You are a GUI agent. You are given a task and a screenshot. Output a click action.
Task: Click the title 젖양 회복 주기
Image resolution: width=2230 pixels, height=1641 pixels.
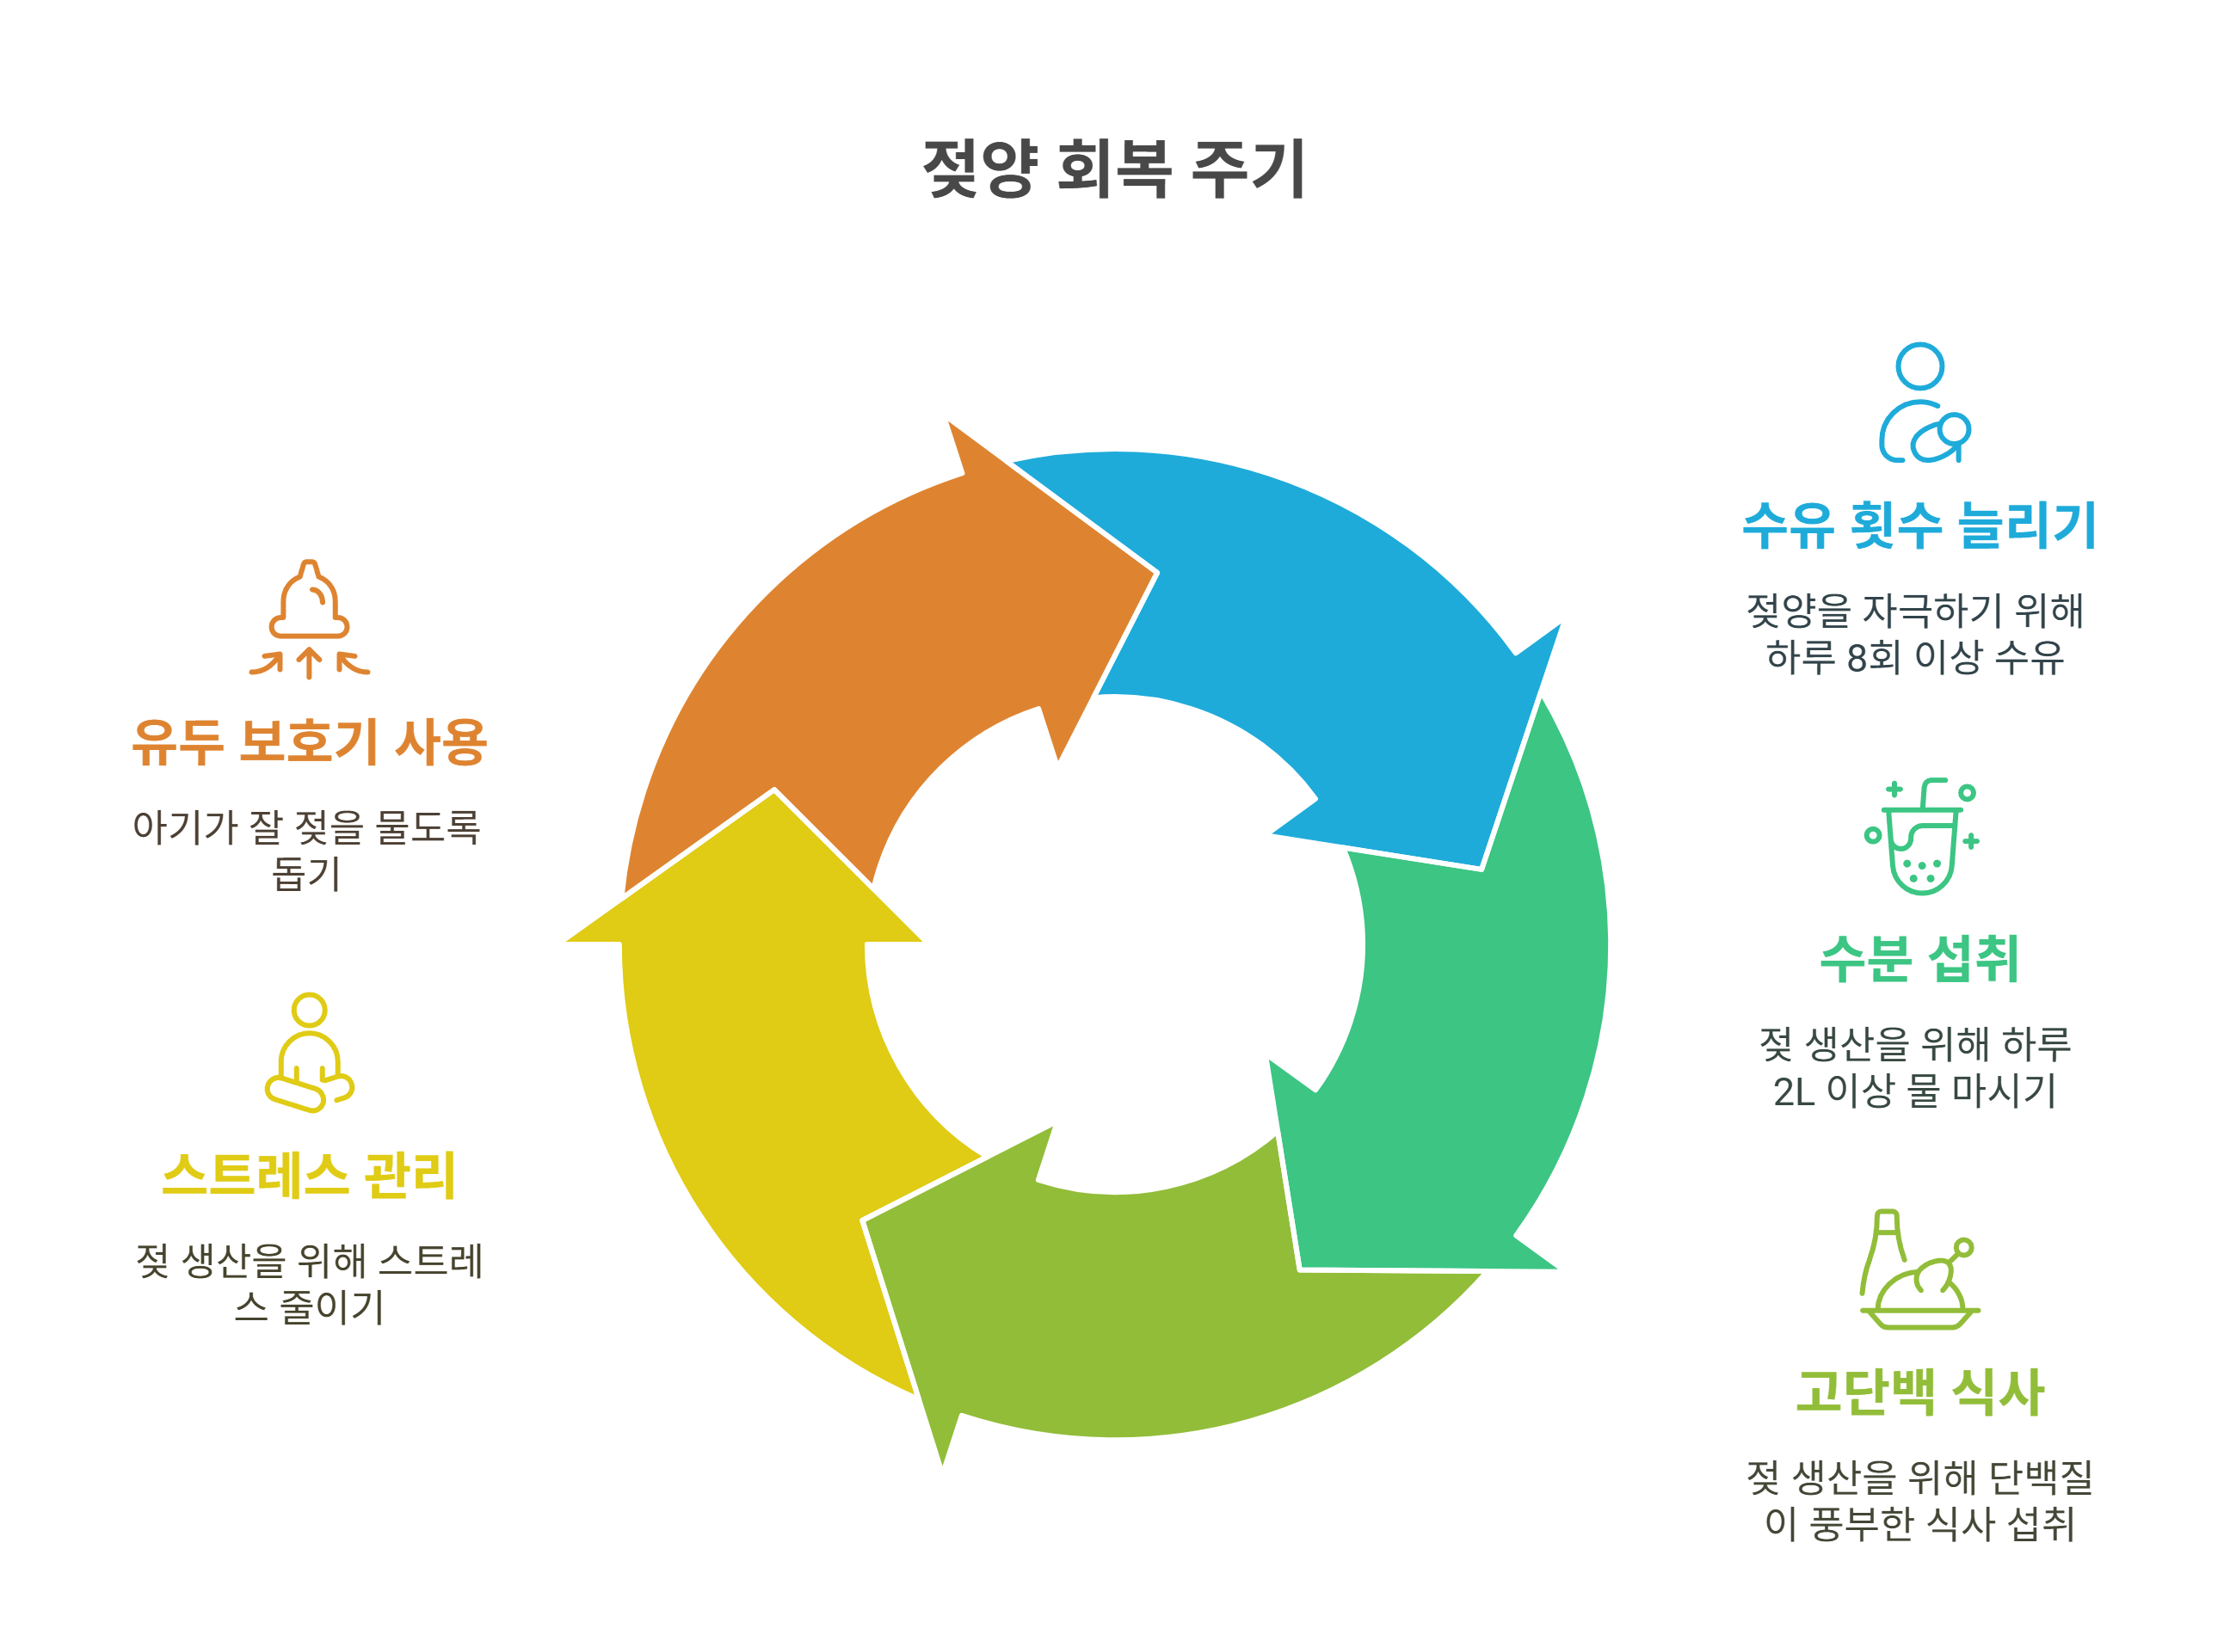(1113, 169)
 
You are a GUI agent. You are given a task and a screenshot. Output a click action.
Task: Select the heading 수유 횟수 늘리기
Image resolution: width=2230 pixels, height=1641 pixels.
(1919, 525)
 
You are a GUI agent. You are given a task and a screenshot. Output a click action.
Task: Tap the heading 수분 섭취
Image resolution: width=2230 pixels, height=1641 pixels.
(1919, 960)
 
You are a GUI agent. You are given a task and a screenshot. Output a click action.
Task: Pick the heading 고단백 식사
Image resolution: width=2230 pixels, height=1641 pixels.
(1919, 1392)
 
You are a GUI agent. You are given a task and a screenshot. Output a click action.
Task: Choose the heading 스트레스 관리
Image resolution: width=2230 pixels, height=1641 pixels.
(309, 1176)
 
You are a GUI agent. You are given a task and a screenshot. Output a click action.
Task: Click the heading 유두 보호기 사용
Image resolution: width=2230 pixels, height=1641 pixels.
(309, 742)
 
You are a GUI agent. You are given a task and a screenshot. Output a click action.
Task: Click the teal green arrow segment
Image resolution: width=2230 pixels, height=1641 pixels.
(1471, 1043)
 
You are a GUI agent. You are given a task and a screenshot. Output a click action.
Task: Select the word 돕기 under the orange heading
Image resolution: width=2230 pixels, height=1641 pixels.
(307, 874)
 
